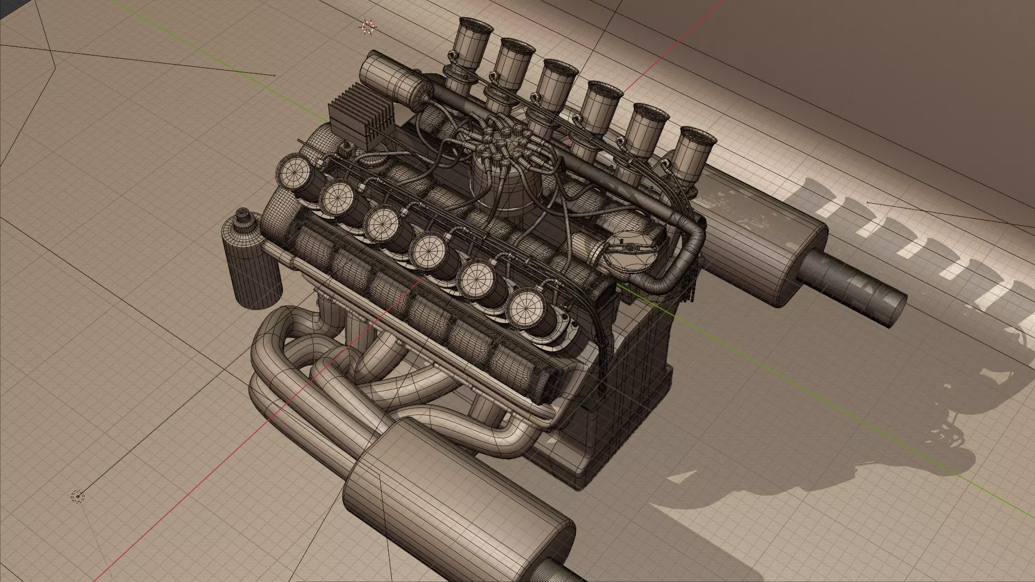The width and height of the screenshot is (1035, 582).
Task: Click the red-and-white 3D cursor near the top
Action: (368, 27)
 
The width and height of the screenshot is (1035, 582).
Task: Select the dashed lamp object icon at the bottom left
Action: (78, 496)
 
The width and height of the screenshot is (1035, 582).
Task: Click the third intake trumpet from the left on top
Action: (558, 86)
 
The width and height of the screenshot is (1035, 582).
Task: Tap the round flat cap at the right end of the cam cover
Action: (627, 248)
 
